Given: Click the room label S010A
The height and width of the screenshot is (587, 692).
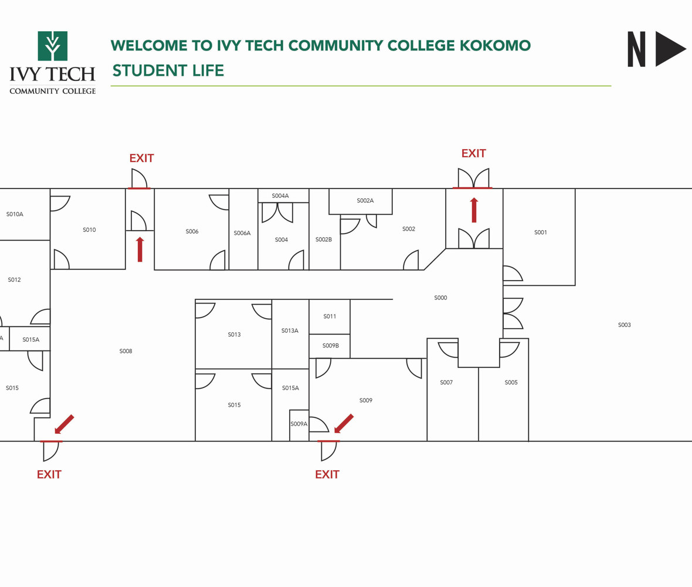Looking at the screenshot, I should (x=15, y=214).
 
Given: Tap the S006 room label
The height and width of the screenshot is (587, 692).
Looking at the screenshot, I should (x=192, y=231).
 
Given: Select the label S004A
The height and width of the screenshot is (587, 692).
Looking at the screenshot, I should (x=280, y=196).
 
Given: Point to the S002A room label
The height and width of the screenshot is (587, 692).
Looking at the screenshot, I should (x=365, y=201).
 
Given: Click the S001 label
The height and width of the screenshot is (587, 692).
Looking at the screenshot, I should (x=540, y=232).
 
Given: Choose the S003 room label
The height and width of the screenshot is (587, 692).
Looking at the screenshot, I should (x=624, y=325).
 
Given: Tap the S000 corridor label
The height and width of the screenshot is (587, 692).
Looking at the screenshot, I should (x=440, y=298).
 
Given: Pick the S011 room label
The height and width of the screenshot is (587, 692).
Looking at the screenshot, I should (x=330, y=316).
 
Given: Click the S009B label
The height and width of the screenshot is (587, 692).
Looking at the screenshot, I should (x=330, y=346).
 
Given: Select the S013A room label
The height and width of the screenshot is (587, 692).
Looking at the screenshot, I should (x=290, y=330).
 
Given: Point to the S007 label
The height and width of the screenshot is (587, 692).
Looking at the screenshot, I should (x=446, y=382).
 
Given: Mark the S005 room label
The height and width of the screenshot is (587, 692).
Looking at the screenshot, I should (x=511, y=382).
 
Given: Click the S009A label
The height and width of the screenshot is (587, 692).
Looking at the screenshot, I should (x=298, y=424).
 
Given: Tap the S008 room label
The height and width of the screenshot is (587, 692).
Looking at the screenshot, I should (x=125, y=351).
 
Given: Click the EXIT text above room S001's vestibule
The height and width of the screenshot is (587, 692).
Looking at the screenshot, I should (x=473, y=154).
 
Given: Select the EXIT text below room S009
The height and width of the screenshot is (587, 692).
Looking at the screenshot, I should (x=327, y=475).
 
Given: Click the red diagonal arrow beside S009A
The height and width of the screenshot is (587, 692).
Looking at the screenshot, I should (x=344, y=423).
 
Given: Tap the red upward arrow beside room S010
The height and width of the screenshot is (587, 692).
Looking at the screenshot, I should (x=140, y=249).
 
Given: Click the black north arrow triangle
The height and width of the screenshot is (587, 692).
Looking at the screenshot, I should (x=670, y=49).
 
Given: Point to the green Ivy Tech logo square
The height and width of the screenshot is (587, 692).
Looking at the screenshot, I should (x=53, y=46).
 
